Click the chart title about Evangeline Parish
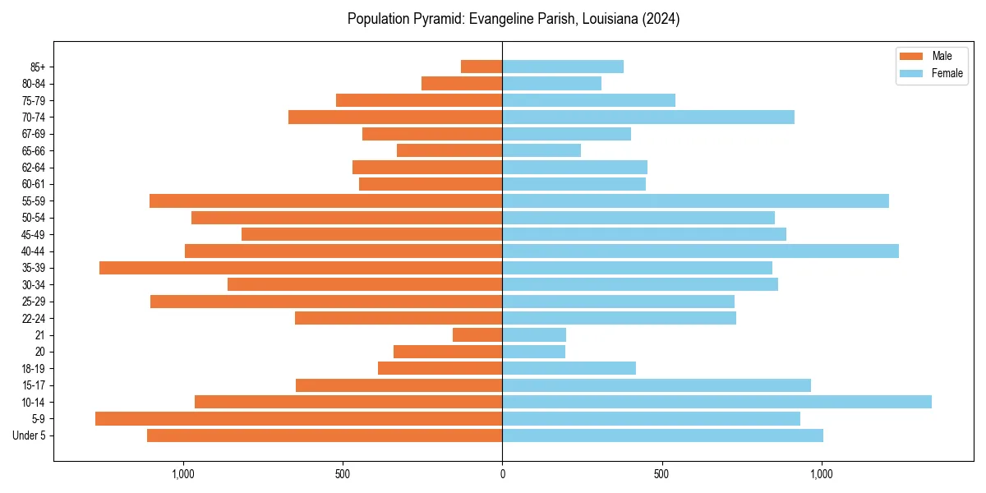(514, 19)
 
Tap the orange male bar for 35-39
(301, 268)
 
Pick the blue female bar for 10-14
(716, 402)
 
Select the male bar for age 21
(477, 335)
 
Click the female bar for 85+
(563, 67)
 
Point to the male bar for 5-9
(298, 419)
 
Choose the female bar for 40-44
(700, 251)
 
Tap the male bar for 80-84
(462, 83)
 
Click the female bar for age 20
(533, 352)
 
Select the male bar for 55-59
(325, 200)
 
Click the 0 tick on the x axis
(502, 474)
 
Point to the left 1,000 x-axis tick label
(182, 474)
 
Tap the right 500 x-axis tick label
(661, 474)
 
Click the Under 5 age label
(29, 435)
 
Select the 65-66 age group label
(34, 150)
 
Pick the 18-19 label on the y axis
(34, 369)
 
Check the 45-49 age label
(34, 234)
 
